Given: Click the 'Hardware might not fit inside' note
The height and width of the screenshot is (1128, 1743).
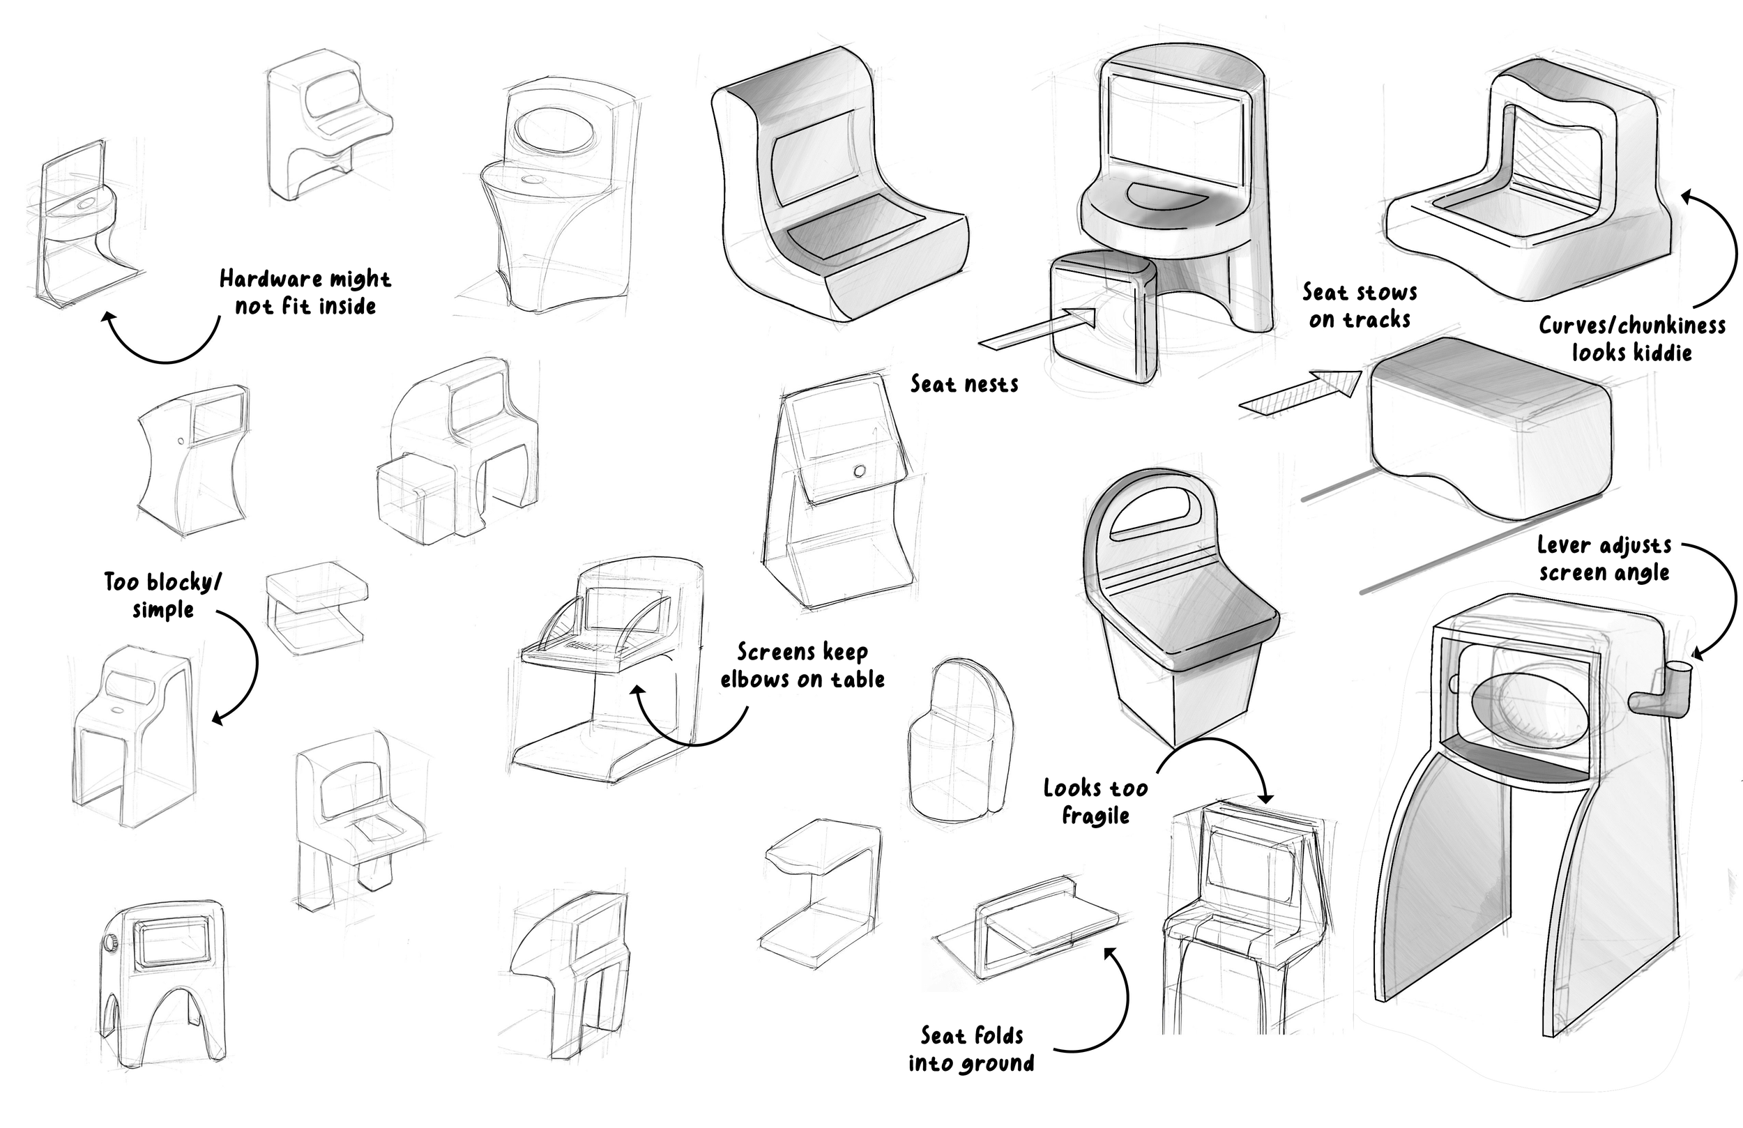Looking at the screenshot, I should (305, 291).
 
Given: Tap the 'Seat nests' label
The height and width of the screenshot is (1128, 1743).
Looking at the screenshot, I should (964, 384).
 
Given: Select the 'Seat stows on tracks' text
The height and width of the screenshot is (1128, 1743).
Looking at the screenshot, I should (1360, 305).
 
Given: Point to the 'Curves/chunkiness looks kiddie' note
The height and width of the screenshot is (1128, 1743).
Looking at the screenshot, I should (1631, 338).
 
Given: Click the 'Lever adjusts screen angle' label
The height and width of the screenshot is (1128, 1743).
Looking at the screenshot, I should (1604, 558).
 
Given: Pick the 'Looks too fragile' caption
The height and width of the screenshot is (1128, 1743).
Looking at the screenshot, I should (1095, 801).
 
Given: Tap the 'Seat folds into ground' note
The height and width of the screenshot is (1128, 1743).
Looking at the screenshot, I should (971, 1049).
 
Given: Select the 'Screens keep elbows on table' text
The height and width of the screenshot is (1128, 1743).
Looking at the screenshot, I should (802, 665).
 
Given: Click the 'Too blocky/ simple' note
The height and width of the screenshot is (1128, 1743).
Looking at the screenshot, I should (162, 595).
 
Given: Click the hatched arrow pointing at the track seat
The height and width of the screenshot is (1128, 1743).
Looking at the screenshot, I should (1300, 393).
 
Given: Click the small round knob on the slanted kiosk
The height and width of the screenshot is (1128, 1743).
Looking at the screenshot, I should (860, 471).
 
